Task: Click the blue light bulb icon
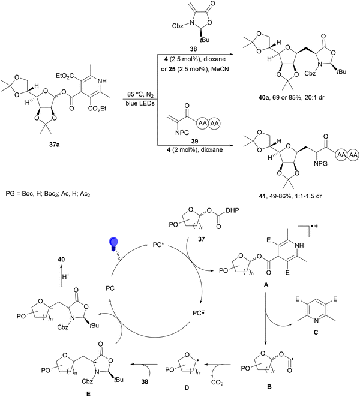(113, 244)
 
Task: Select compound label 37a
(55, 145)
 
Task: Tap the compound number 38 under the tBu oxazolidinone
(193, 49)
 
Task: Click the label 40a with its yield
(292, 97)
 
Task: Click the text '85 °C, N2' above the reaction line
(140, 95)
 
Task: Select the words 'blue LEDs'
(140, 103)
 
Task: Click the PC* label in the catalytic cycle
(158, 245)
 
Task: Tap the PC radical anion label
(199, 313)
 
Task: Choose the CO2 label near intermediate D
(217, 383)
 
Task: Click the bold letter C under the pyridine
(316, 332)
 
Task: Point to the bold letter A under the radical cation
(266, 285)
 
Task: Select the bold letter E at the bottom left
(88, 394)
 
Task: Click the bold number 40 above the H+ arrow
(61, 259)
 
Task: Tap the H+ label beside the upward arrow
(65, 276)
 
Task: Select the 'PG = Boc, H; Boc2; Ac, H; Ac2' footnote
(48, 194)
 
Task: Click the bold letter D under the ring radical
(187, 387)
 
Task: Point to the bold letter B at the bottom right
(269, 387)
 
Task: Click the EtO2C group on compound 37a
(64, 76)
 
